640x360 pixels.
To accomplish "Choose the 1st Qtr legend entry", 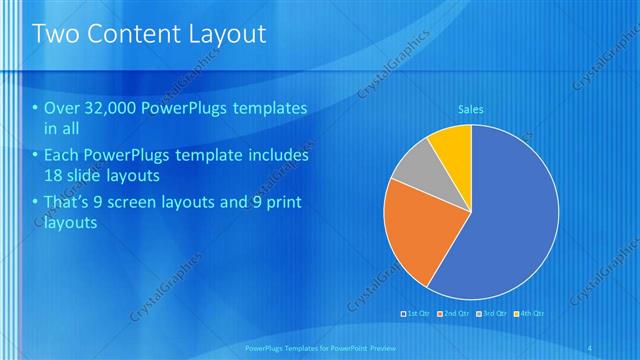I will pyautogui.click(x=417, y=313).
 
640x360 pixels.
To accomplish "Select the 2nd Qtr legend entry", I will pyautogui.click(x=456, y=313).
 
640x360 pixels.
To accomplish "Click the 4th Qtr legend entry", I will pyautogui.click(x=531, y=313).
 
